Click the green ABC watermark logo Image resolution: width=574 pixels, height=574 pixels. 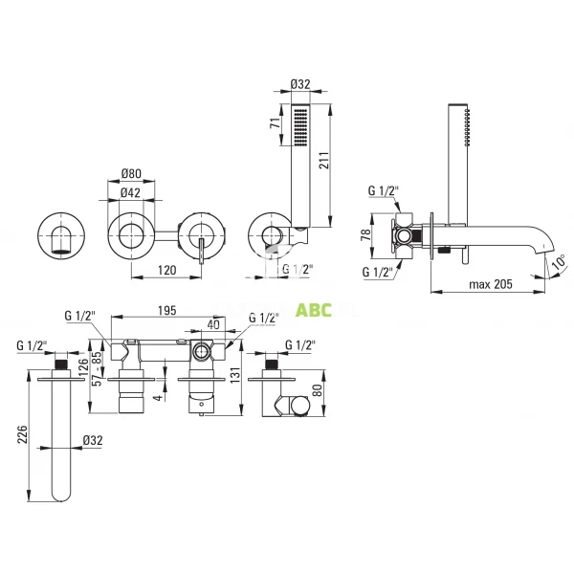coord(314,310)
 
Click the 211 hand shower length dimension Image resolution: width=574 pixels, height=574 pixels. coord(324,161)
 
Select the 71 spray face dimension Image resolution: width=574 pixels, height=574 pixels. coord(275,122)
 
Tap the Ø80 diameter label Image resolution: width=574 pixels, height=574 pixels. coord(131,173)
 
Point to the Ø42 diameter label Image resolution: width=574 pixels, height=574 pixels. coord(130,192)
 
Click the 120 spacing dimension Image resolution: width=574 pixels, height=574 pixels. coord(166,270)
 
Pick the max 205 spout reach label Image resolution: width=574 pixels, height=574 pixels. coord(491,284)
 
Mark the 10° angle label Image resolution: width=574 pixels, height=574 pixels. coord(559,262)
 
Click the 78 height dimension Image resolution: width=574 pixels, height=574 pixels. coord(365,234)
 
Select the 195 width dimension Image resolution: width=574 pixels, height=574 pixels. coord(166,310)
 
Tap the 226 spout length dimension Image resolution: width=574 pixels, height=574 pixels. coord(23,434)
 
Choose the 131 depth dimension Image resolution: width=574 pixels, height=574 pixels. coord(236,375)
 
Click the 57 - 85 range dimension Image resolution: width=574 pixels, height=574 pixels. coord(97,369)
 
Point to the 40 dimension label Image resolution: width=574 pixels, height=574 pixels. coord(213,324)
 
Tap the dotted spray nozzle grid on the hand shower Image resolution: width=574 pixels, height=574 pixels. coord(300,126)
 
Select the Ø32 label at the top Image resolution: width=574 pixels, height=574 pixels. coord(300,84)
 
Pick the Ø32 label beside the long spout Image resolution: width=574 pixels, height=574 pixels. coord(93,440)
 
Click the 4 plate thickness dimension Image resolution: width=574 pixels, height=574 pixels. coord(159,397)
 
